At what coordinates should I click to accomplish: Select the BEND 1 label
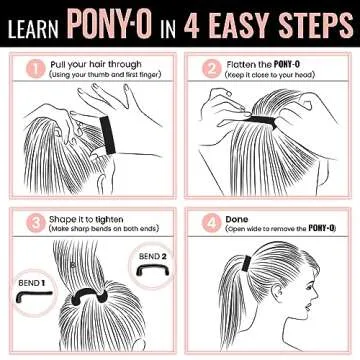[x=31, y=284]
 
